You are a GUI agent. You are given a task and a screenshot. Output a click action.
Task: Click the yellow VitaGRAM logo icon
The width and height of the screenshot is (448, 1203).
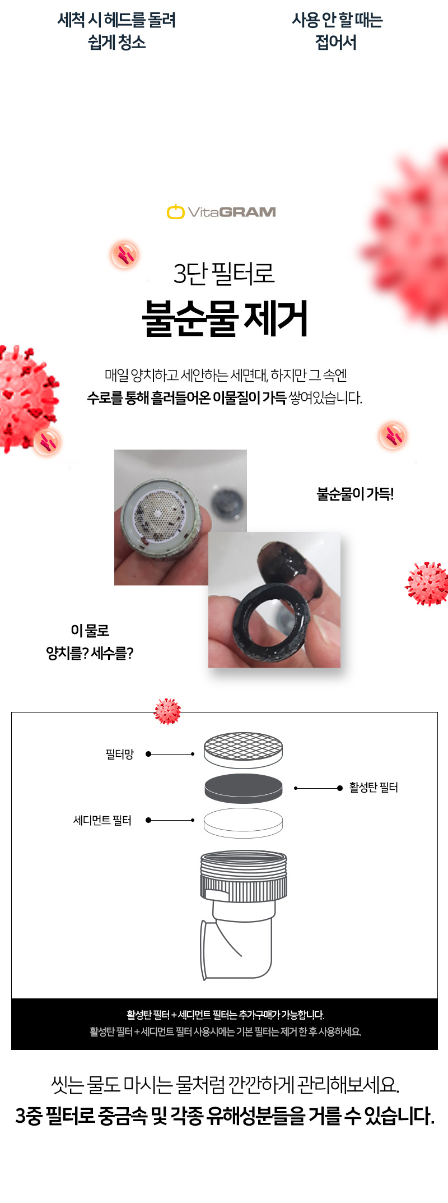[175, 212]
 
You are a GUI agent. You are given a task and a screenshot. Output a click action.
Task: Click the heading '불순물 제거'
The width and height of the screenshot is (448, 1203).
[225, 318]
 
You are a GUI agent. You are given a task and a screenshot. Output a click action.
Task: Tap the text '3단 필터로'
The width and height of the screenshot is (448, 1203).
[224, 274]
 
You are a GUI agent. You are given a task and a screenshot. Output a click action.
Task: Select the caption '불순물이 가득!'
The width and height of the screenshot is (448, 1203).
[355, 494]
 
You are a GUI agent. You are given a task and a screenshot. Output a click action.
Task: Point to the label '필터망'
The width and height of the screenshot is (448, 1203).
[120, 755]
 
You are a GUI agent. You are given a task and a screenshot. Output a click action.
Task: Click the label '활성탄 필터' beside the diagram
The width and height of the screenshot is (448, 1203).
[374, 788]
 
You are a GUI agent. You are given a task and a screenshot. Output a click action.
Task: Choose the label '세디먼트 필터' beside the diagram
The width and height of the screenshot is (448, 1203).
[102, 820]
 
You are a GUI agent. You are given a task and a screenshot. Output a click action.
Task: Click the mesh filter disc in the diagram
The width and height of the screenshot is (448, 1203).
[243, 750]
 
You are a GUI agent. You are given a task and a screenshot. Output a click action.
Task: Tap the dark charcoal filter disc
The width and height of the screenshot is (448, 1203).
[243, 788]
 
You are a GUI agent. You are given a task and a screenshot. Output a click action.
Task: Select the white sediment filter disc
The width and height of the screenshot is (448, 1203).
[243, 823]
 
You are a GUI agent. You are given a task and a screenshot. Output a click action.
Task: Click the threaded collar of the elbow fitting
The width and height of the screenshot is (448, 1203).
[244, 876]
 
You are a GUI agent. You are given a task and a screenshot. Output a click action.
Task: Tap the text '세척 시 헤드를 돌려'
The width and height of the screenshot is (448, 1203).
[116, 20]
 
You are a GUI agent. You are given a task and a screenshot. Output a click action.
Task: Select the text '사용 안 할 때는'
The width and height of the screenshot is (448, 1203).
[337, 20]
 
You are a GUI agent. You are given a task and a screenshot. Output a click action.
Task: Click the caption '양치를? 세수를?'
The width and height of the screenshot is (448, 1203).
[90, 653]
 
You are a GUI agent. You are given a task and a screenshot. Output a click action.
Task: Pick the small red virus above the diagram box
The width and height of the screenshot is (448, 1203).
[167, 711]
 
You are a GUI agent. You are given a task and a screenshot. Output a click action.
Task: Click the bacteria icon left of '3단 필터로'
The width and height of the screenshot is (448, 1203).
[124, 255]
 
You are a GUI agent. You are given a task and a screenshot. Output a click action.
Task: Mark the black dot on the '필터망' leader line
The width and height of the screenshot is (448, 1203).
[148, 754]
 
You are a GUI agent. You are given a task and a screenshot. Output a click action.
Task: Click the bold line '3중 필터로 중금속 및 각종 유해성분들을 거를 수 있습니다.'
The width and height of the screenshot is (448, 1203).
[225, 1116]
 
